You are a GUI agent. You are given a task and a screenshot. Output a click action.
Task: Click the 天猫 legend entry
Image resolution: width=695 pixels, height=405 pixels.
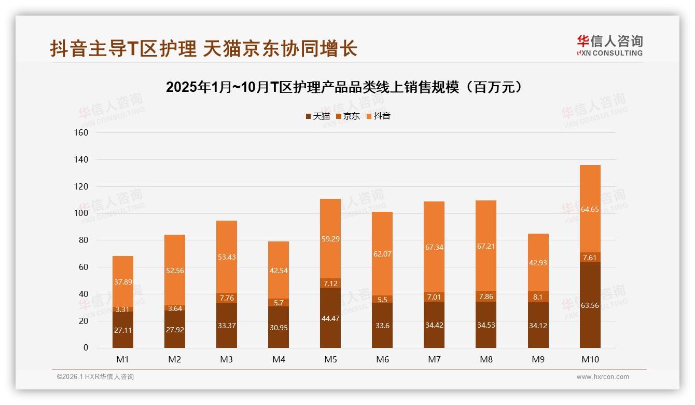pos(318,116)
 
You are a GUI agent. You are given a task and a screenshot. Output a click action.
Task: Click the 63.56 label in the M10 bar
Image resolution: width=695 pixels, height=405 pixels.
pos(590,305)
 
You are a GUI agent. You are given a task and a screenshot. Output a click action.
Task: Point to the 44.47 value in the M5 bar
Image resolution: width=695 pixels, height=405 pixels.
pos(330,318)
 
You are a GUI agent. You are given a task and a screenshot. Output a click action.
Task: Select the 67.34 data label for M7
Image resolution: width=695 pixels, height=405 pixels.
pos(434,247)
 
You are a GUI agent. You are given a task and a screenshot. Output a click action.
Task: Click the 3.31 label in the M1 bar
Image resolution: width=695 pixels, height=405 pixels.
pos(123,309)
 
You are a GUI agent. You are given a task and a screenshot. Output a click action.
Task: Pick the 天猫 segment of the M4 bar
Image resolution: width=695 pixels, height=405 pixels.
pos(279,327)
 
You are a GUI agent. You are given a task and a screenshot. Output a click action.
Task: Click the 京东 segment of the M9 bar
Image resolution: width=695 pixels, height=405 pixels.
pos(538,297)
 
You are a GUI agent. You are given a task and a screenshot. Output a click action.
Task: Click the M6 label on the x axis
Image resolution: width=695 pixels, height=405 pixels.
pos(382,359)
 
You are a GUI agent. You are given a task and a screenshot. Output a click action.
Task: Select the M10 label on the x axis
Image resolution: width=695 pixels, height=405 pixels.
pos(590,359)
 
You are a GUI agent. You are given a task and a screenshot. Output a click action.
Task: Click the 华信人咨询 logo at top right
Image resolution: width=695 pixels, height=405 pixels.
pos(609,45)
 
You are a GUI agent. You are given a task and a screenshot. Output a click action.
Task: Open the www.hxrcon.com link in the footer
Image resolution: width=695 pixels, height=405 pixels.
pos(603,377)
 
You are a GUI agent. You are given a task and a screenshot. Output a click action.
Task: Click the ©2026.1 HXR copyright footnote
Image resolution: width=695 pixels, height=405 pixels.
pos(95,377)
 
